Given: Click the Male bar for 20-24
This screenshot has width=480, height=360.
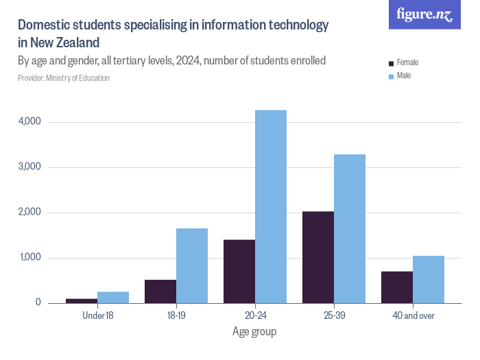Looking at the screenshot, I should coord(271,206).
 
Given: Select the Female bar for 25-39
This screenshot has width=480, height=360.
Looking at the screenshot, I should coord(318,257).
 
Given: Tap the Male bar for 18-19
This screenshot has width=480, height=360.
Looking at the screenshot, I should coord(192,265).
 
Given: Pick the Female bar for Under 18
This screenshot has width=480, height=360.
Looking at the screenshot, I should coord(82,300).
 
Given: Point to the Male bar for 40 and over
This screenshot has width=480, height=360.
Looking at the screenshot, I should coord(429,279).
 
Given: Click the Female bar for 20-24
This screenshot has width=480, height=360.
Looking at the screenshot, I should coord(239,272).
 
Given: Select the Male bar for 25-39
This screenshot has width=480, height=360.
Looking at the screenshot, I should coord(350,228).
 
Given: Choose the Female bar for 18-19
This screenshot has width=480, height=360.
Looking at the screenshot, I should coord(160,291).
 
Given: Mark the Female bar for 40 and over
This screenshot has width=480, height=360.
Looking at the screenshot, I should coord(397,287).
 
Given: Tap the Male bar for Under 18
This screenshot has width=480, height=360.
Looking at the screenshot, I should coord(113,297).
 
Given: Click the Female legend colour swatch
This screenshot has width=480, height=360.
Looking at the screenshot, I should coord(391,63).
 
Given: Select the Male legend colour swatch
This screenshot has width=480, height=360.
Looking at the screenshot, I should coord(391,76).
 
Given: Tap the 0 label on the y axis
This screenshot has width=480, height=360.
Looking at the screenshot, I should coord(38,303).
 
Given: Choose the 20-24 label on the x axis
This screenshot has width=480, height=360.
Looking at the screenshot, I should coord(255,315).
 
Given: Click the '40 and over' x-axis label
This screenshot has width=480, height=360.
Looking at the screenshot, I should coord(413,315).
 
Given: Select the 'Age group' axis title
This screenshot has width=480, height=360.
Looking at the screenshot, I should coord(254,332).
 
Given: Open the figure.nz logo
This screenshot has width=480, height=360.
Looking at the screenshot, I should coord(424,15).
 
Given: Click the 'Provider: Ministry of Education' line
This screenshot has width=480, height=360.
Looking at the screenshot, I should coord(64,78).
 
